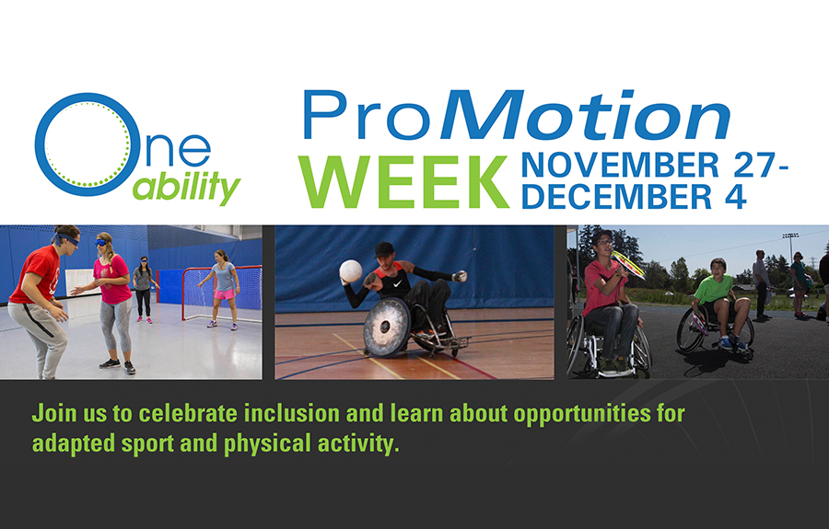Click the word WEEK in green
tap(403, 181)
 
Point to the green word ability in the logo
tap(186, 187)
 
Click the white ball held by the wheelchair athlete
tap(351, 270)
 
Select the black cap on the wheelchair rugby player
tap(384, 249)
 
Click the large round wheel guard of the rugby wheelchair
tap(386, 328)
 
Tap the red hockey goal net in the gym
tap(222, 293)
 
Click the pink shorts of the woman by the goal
tap(225, 293)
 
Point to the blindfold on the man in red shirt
tap(66, 239)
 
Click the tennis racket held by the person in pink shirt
tap(628, 265)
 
